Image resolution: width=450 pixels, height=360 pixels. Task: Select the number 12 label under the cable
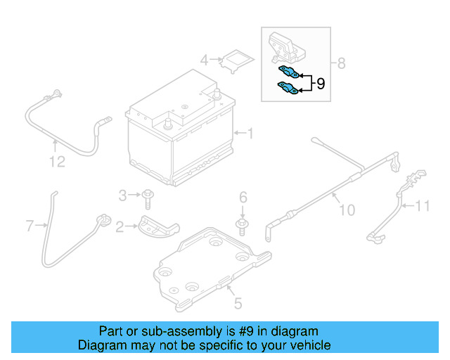pos(57,162)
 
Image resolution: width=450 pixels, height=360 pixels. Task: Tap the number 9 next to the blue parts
pos(320,84)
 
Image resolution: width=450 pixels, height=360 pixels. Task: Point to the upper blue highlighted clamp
pos(288,71)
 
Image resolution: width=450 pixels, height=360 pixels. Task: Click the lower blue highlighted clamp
pos(287,88)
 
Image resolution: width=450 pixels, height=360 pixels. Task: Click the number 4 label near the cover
pos(204,60)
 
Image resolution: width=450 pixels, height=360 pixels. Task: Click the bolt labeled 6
pos(243,224)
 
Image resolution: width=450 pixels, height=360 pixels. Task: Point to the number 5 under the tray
pos(238,304)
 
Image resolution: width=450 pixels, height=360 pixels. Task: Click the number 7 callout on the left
pos(30,226)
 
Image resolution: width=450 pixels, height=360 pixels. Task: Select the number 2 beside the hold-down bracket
pos(120,226)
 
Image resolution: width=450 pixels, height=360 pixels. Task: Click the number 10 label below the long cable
pos(347,209)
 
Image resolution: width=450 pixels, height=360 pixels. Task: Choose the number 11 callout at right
pos(421,205)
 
